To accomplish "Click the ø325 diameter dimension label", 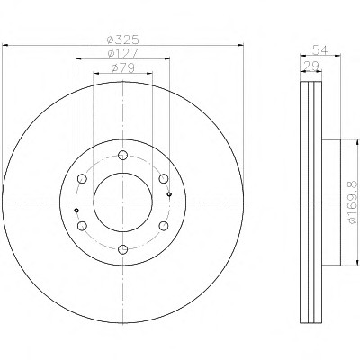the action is pos(123,39).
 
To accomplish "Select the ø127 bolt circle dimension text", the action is pos(123,53).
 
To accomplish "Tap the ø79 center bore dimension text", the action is pos(123,68).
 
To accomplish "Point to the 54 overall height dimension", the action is pos(320,49).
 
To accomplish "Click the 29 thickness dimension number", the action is pos(311,66).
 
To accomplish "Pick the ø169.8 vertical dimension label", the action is pos(353,202).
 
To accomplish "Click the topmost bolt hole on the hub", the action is pos(123,155).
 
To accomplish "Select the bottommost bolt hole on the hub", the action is pos(123,249).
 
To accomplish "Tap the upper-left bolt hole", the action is pos(82,179).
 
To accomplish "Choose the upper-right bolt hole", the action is pos(164,179).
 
